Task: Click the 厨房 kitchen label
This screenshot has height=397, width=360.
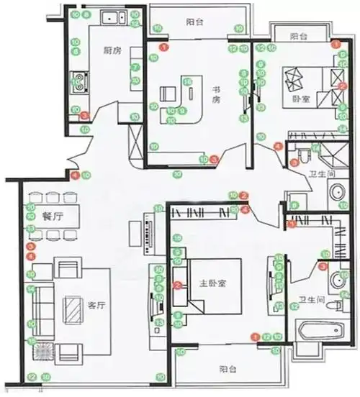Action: [112, 50]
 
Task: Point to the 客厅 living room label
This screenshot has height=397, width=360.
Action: [96, 305]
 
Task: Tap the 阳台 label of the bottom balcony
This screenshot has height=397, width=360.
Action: [229, 369]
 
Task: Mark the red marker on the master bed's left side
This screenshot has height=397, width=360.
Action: [176, 286]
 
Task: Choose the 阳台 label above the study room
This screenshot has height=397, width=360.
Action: [194, 22]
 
